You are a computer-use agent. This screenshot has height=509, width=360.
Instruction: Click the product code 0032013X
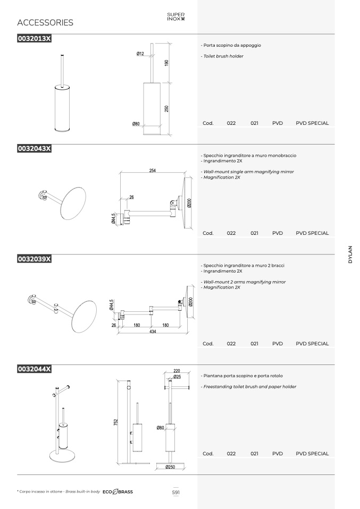click(34, 39)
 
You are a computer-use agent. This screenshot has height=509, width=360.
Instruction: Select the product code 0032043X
click(34, 149)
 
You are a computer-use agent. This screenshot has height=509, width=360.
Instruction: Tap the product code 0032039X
click(34, 259)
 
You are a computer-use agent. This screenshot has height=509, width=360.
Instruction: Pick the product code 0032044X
click(34, 369)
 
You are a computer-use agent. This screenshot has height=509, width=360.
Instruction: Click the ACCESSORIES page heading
click(45, 23)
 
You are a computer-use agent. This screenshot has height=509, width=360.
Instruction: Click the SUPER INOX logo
click(176, 16)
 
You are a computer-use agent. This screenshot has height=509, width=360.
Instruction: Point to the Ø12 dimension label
click(140, 54)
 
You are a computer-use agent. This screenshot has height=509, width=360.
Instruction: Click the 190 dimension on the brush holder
click(166, 63)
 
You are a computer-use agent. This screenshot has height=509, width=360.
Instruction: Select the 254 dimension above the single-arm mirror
click(153, 171)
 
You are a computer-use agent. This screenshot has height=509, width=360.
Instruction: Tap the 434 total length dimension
click(153, 332)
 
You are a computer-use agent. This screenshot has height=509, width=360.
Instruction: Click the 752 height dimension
click(116, 422)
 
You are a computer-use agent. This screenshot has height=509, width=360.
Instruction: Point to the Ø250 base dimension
click(170, 467)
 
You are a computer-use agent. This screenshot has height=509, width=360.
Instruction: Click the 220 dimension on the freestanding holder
click(177, 371)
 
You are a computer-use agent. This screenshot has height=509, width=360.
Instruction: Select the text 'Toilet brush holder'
click(223, 56)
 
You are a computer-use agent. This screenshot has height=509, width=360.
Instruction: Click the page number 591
click(176, 493)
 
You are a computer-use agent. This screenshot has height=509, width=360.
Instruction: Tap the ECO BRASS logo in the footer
click(118, 492)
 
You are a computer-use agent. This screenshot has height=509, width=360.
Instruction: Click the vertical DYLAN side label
click(350, 254)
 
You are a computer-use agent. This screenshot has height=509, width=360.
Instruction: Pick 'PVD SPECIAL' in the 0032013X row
click(312, 123)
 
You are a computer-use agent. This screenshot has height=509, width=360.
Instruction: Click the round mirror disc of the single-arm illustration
click(73, 203)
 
